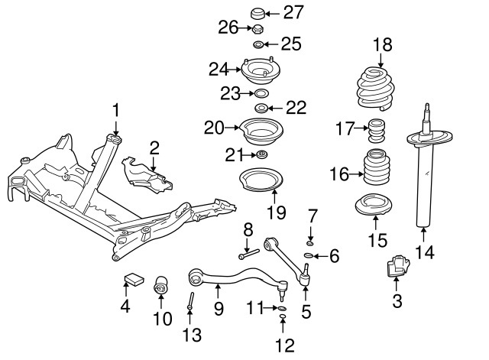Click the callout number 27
(x=293, y=12)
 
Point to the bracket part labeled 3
(x=397, y=269)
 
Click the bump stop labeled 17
(x=375, y=131)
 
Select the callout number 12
(x=284, y=345)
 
